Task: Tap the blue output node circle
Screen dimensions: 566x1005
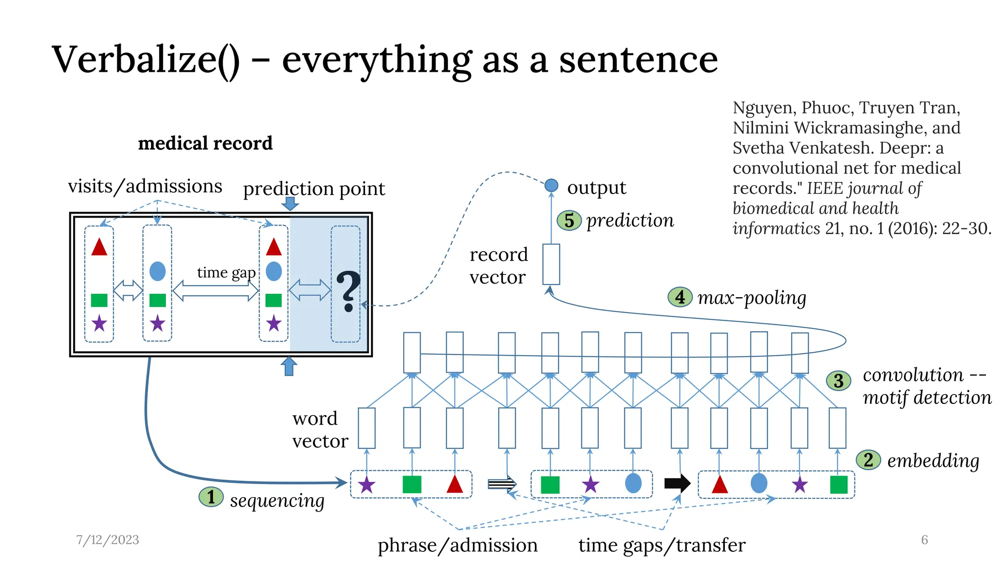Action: click(551, 185)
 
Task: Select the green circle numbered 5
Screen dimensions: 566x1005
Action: click(569, 221)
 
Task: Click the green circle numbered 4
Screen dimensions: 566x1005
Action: click(680, 297)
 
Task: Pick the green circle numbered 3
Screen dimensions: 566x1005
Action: click(839, 380)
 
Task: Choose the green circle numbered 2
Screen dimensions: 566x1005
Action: click(868, 460)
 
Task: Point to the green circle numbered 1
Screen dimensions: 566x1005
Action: click(211, 497)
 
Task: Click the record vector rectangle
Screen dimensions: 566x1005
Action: click(551, 264)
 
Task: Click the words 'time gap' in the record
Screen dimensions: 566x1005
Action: click(226, 272)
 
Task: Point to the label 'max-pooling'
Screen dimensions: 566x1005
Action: click(752, 297)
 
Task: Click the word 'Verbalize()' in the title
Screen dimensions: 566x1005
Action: click(146, 60)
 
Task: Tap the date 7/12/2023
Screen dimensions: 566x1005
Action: click(107, 539)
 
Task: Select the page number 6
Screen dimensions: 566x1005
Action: click(925, 539)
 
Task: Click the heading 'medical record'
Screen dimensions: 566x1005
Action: click(205, 143)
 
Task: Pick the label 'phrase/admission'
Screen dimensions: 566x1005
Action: click(457, 545)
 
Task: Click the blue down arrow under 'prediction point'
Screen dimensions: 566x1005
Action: click(291, 203)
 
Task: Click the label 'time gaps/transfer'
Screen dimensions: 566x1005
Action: click(661, 545)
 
